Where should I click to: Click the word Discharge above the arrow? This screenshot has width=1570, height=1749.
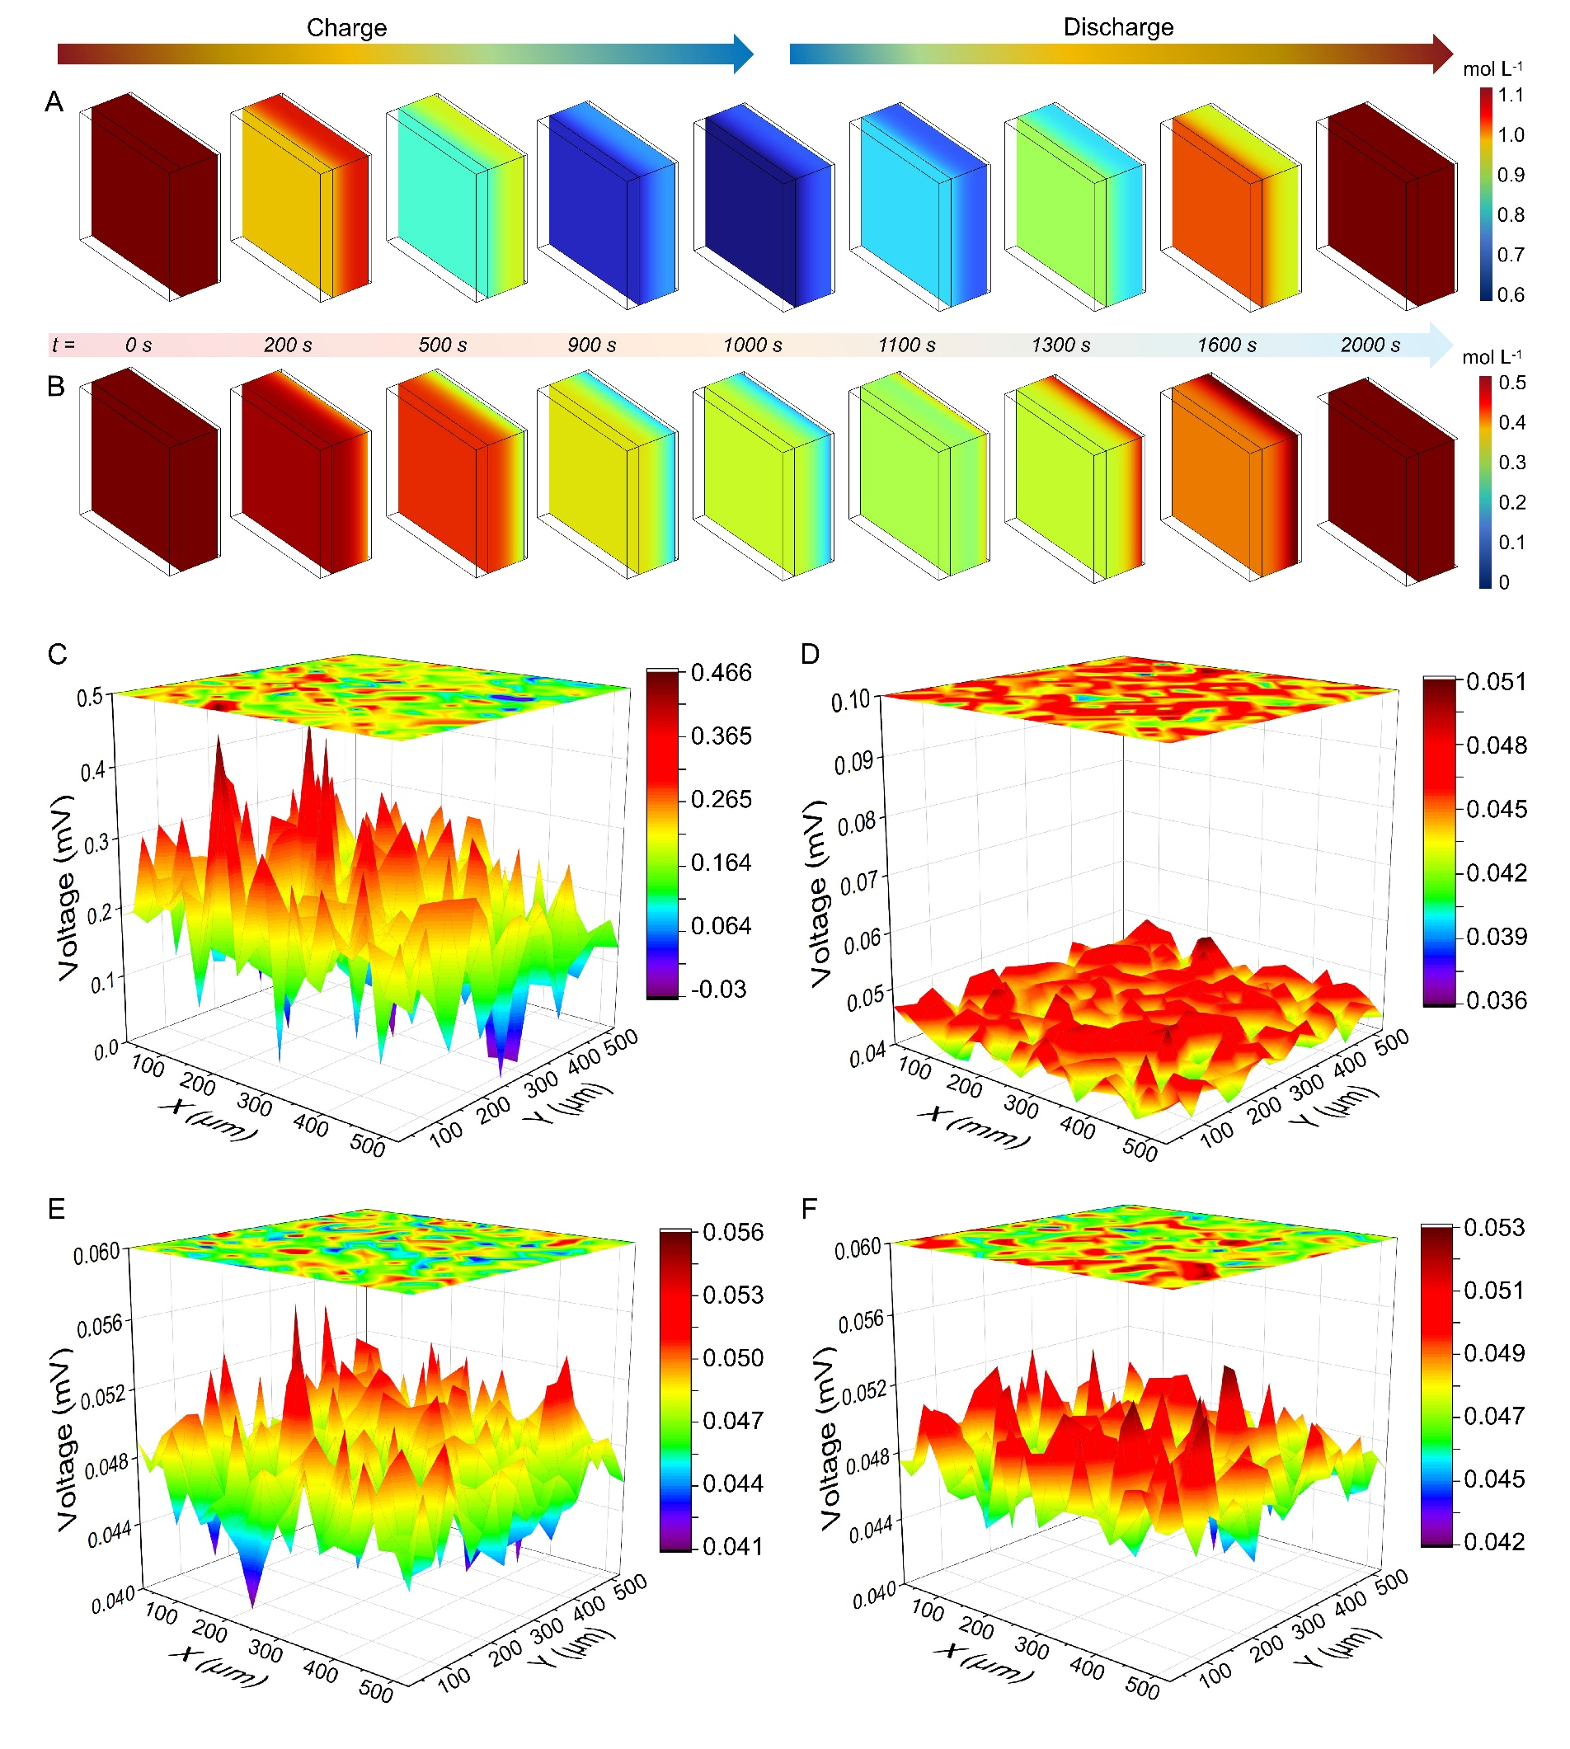tap(1118, 26)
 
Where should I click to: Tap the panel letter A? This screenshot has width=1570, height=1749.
tap(54, 101)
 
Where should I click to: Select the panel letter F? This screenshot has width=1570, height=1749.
tap(808, 1209)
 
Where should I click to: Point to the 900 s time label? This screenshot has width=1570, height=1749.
tap(592, 346)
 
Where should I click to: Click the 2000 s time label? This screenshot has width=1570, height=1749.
tap(1370, 346)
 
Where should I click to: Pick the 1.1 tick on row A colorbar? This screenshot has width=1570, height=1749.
tap(1511, 95)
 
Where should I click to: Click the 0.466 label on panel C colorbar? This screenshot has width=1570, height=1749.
tap(722, 672)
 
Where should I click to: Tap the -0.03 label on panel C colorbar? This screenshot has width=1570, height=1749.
tap(718, 989)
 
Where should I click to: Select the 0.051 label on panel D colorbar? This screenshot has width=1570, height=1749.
tap(1497, 682)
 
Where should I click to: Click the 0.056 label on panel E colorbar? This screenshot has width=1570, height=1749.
tap(733, 1231)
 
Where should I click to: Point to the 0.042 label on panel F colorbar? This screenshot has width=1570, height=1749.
tap(1495, 1541)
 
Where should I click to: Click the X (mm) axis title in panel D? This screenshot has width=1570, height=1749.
tap(973, 1128)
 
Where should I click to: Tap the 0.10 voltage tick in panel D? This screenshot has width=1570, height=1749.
tap(851, 702)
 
